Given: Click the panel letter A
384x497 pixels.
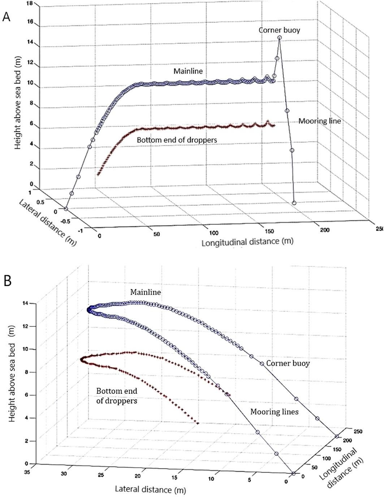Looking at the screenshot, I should coord(6,17).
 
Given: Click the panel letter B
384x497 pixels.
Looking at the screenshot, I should coord(7,281).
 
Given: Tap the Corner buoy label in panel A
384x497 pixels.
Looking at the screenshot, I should coord(279,30).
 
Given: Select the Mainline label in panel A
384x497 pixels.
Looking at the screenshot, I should coord(188,71).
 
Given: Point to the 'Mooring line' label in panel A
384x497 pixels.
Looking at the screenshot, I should coord(319,121).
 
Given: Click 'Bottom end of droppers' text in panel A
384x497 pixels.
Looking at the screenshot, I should coord(177,140).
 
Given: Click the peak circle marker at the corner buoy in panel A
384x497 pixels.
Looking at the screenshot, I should coord(280,37).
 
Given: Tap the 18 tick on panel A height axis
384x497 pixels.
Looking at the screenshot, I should coord(30,3).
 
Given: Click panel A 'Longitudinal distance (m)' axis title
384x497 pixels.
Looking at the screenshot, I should coord(247,241).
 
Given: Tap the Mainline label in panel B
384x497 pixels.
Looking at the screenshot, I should coord(146,292).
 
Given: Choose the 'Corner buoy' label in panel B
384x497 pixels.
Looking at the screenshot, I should coord(288,363).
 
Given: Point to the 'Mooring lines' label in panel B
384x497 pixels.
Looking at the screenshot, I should coord(274,411).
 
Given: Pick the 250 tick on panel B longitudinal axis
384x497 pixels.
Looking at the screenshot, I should coord(358,431).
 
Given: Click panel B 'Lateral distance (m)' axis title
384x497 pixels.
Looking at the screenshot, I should coord(150,490).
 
